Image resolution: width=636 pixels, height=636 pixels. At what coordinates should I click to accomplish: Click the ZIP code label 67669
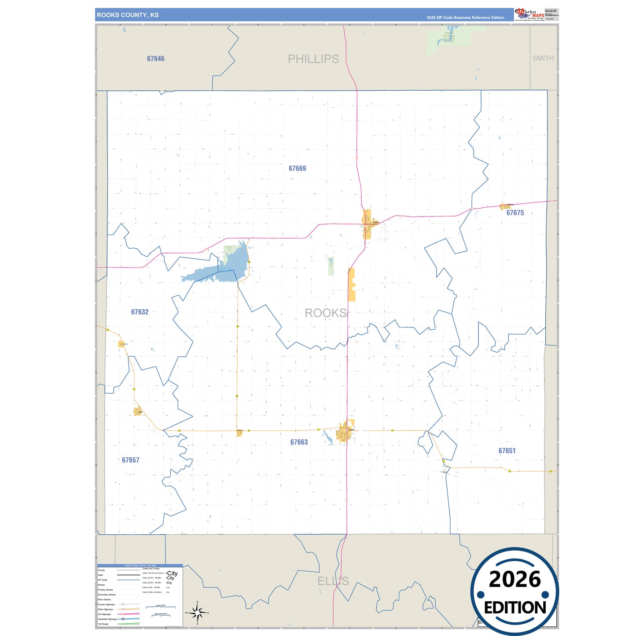tap(297, 169)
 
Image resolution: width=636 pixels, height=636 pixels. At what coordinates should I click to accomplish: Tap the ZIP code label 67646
tap(156, 59)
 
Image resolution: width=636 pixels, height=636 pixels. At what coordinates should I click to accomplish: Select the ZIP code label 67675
tap(515, 213)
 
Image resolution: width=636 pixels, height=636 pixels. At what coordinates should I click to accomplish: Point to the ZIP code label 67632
tap(140, 312)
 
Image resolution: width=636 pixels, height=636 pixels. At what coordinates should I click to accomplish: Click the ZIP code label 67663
tap(299, 442)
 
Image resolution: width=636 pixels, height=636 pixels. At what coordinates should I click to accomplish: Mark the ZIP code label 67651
tap(507, 451)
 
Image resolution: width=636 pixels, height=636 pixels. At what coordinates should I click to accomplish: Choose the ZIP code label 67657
tap(130, 460)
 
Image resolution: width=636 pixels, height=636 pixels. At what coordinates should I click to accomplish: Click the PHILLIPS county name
tap(313, 59)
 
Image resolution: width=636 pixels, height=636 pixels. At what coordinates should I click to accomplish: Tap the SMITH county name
tap(543, 58)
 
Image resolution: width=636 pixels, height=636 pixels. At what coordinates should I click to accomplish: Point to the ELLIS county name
tap(333, 581)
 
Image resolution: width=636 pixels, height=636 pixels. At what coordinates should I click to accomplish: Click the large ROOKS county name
tap(326, 313)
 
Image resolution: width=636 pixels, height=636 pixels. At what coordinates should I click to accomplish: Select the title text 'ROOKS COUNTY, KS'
tap(128, 15)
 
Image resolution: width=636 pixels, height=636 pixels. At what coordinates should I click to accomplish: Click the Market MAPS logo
tap(529, 15)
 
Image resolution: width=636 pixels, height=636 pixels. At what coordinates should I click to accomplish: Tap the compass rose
tap(197, 612)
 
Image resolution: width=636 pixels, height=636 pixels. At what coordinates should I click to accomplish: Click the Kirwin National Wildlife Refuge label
tap(449, 37)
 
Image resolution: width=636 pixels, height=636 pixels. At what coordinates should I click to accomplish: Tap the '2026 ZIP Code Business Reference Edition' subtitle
tap(465, 18)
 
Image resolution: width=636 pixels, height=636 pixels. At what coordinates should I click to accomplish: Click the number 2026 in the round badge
tap(515, 579)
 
